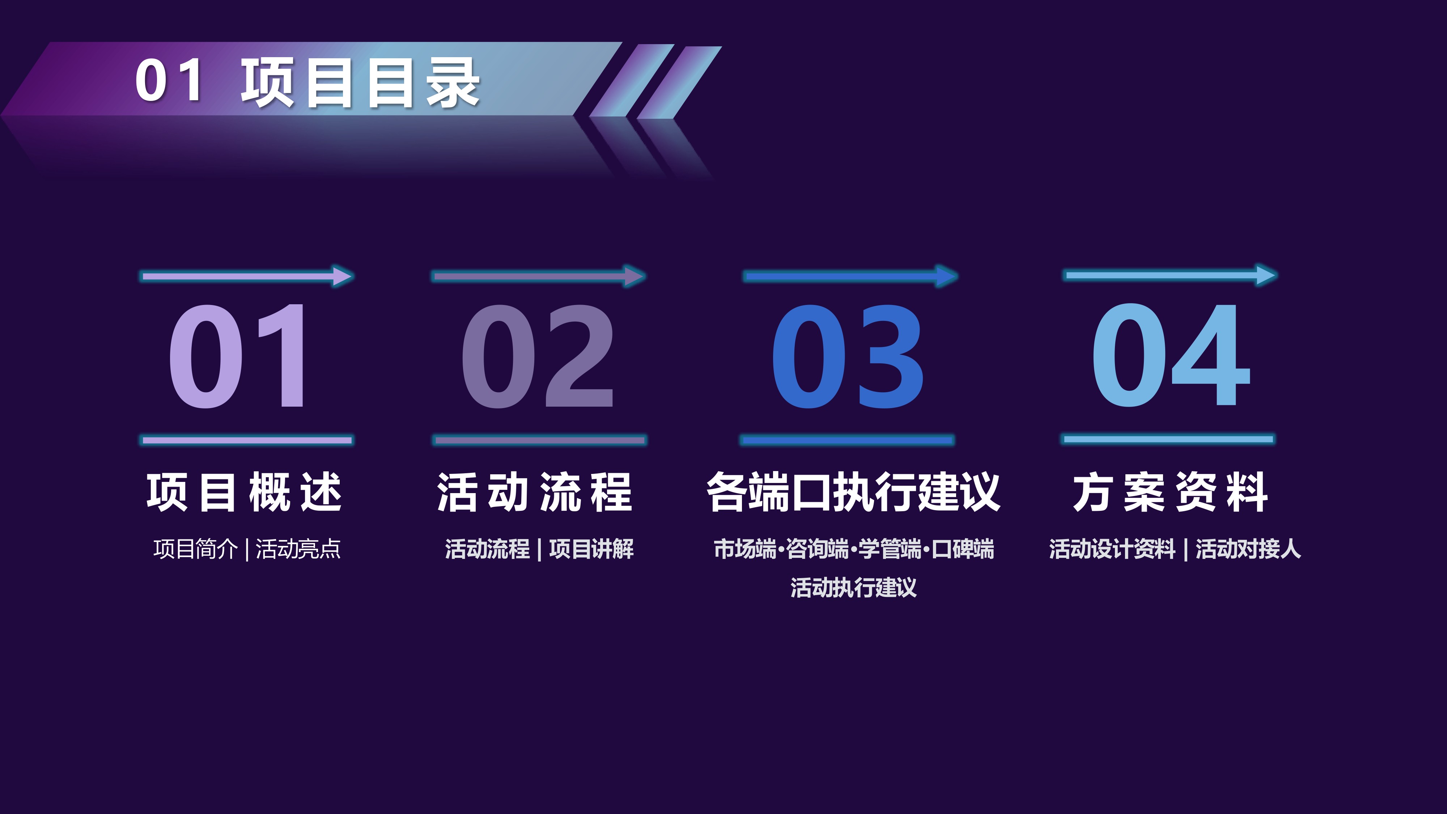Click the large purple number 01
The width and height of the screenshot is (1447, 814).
pyautogui.click(x=238, y=356)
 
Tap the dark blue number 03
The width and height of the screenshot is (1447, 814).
pyautogui.click(x=848, y=356)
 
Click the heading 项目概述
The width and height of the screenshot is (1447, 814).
pyautogui.click(x=244, y=492)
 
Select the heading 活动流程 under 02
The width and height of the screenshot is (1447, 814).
pyautogui.click(x=535, y=492)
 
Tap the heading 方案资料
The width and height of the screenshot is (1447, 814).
pyautogui.click(x=1170, y=492)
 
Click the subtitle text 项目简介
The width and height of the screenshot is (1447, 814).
pyautogui.click(x=195, y=549)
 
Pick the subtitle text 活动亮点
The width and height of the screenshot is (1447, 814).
pyautogui.click(x=298, y=549)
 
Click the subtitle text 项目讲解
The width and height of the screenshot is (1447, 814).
pyautogui.click(x=591, y=549)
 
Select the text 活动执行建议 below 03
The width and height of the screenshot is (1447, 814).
pyautogui.click(x=853, y=588)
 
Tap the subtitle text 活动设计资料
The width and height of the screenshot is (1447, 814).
pyautogui.click(x=1112, y=549)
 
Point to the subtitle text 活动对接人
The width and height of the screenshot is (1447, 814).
pyautogui.click(x=1248, y=549)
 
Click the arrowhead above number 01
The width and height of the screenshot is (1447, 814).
pyautogui.click(x=343, y=276)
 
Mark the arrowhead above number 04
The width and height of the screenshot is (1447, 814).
pyautogui.click(x=1266, y=275)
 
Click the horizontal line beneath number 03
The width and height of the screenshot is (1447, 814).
pyautogui.click(x=847, y=440)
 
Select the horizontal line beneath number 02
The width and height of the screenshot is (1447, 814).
pyautogui.click(x=540, y=440)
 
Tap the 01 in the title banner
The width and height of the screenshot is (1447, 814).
pyautogui.click(x=169, y=80)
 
